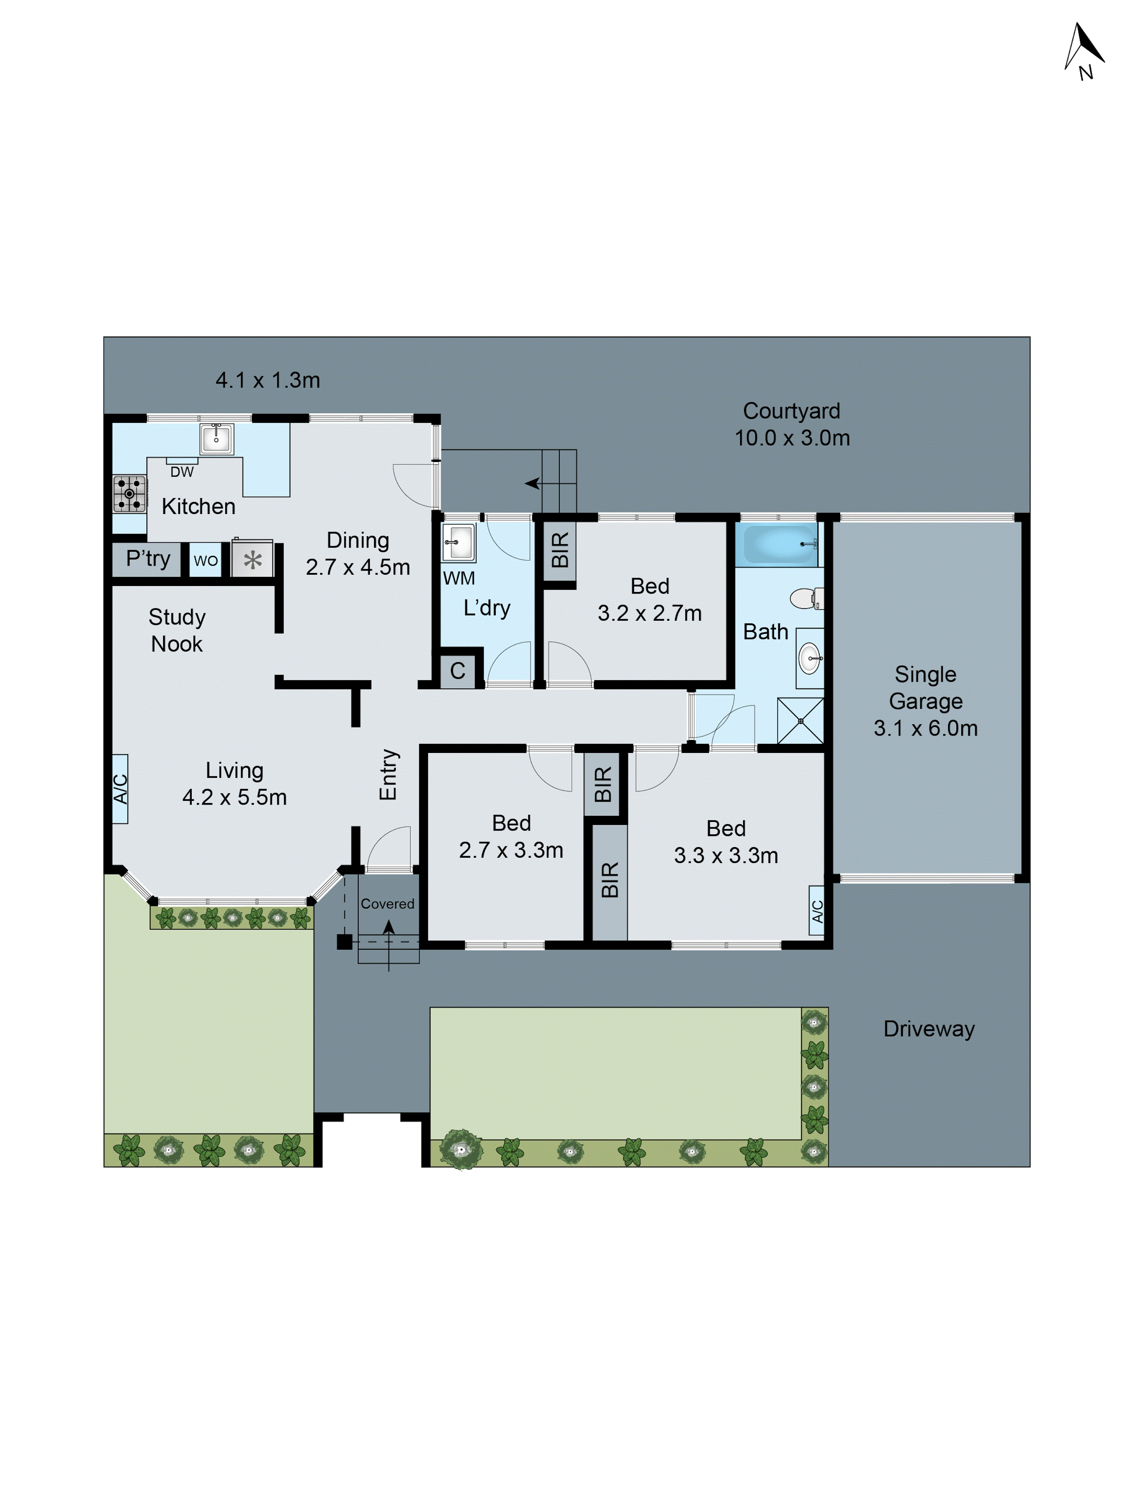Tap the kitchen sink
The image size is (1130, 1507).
(217, 439)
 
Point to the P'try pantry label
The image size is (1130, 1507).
(148, 558)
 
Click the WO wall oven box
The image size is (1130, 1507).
(206, 560)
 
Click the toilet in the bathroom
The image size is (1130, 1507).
(807, 599)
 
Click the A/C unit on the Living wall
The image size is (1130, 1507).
(120, 789)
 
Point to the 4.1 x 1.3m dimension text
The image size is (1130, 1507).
(268, 380)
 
